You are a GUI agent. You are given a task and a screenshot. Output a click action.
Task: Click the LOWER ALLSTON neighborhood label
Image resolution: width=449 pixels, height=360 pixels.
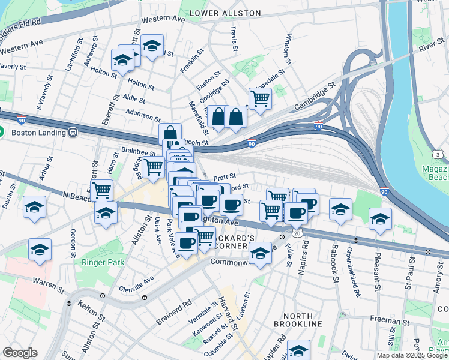click(x=225, y=13)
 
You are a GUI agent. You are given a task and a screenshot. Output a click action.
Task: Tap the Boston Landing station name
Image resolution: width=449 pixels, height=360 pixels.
click(x=33, y=132)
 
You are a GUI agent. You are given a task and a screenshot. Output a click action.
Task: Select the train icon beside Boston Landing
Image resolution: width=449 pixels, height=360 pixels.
click(x=73, y=132)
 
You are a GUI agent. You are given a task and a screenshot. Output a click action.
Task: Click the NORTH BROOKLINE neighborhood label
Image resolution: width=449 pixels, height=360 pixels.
click(x=298, y=319)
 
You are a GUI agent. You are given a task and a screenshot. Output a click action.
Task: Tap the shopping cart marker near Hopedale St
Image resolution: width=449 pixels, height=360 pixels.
click(x=260, y=98)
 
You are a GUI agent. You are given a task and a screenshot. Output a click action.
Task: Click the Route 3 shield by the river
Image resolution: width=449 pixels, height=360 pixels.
click(x=438, y=155)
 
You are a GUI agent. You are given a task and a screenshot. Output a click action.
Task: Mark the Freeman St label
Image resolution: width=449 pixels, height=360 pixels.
click(x=389, y=323)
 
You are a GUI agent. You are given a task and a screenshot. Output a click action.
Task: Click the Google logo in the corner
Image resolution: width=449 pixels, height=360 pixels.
click(x=20, y=353)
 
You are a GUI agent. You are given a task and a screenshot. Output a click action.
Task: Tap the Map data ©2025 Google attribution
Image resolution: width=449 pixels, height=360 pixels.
click(x=412, y=355)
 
